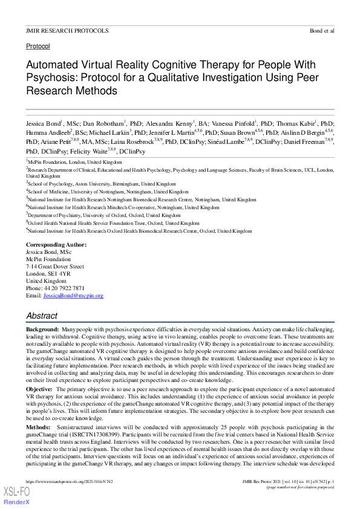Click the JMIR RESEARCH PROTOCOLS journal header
[67, 30]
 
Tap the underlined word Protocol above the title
[38, 46]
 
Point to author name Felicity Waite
[96, 151]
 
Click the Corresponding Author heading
[56, 245]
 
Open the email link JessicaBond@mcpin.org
[73, 296]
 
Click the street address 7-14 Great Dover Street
[55, 267]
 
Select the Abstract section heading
[42, 316]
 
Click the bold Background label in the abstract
[42, 328]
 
